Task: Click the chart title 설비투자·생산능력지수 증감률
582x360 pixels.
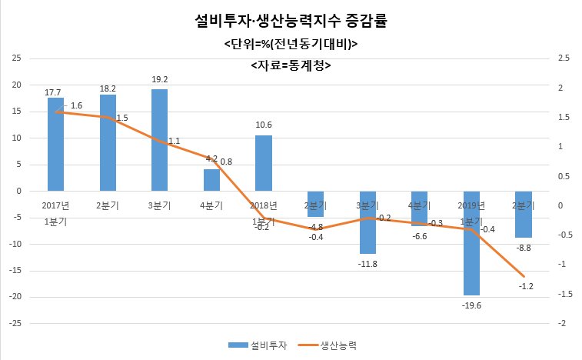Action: (x=291, y=21)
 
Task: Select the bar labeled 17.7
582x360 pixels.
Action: (x=55, y=145)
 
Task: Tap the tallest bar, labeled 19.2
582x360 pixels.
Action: (x=160, y=141)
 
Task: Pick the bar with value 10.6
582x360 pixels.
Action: (x=264, y=163)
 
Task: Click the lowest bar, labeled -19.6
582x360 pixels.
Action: (x=471, y=243)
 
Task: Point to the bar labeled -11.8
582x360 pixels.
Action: (x=367, y=222)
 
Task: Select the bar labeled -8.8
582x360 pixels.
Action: (x=524, y=215)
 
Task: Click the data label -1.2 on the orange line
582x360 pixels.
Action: (x=526, y=286)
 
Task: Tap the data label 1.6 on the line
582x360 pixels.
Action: (x=76, y=105)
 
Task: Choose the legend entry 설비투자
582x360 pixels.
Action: (x=258, y=345)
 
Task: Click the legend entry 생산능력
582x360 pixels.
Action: (x=327, y=345)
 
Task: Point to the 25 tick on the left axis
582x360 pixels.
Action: (x=16, y=58)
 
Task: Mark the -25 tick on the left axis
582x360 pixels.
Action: (x=15, y=324)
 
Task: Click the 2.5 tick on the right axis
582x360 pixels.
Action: (x=564, y=58)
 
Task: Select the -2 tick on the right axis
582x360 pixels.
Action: (x=561, y=323)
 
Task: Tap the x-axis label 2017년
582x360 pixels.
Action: (x=55, y=205)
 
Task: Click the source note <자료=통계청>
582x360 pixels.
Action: (x=291, y=65)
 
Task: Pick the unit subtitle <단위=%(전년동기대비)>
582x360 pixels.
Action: (x=291, y=44)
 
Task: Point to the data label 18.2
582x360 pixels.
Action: (x=108, y=88)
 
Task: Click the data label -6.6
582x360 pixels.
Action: (x=420, y=236)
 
